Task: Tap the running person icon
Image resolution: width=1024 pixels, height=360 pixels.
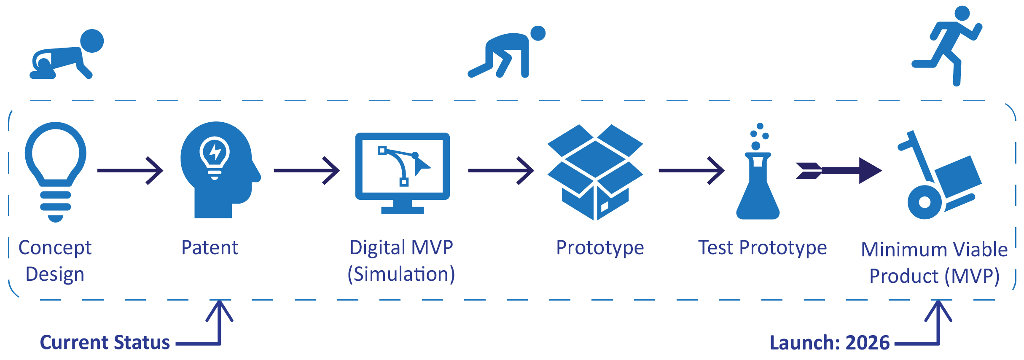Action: click(x=949, y=44)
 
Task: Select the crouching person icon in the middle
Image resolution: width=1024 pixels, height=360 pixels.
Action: click(x=506, y=53)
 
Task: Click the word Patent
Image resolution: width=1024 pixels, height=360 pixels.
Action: click(x=210, y=248)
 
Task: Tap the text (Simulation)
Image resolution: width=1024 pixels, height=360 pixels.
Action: click(x=401, y=274)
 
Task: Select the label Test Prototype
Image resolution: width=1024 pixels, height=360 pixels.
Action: click(x=762, y=248)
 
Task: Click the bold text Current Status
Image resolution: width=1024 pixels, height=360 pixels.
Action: click(x=105, y=342)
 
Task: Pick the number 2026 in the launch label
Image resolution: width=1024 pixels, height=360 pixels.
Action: click(x=867, y=343)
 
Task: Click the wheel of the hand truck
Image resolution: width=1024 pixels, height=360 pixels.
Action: click(x=925, y=202)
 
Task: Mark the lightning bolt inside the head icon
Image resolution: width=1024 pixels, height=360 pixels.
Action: click(x=215, y=152)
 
